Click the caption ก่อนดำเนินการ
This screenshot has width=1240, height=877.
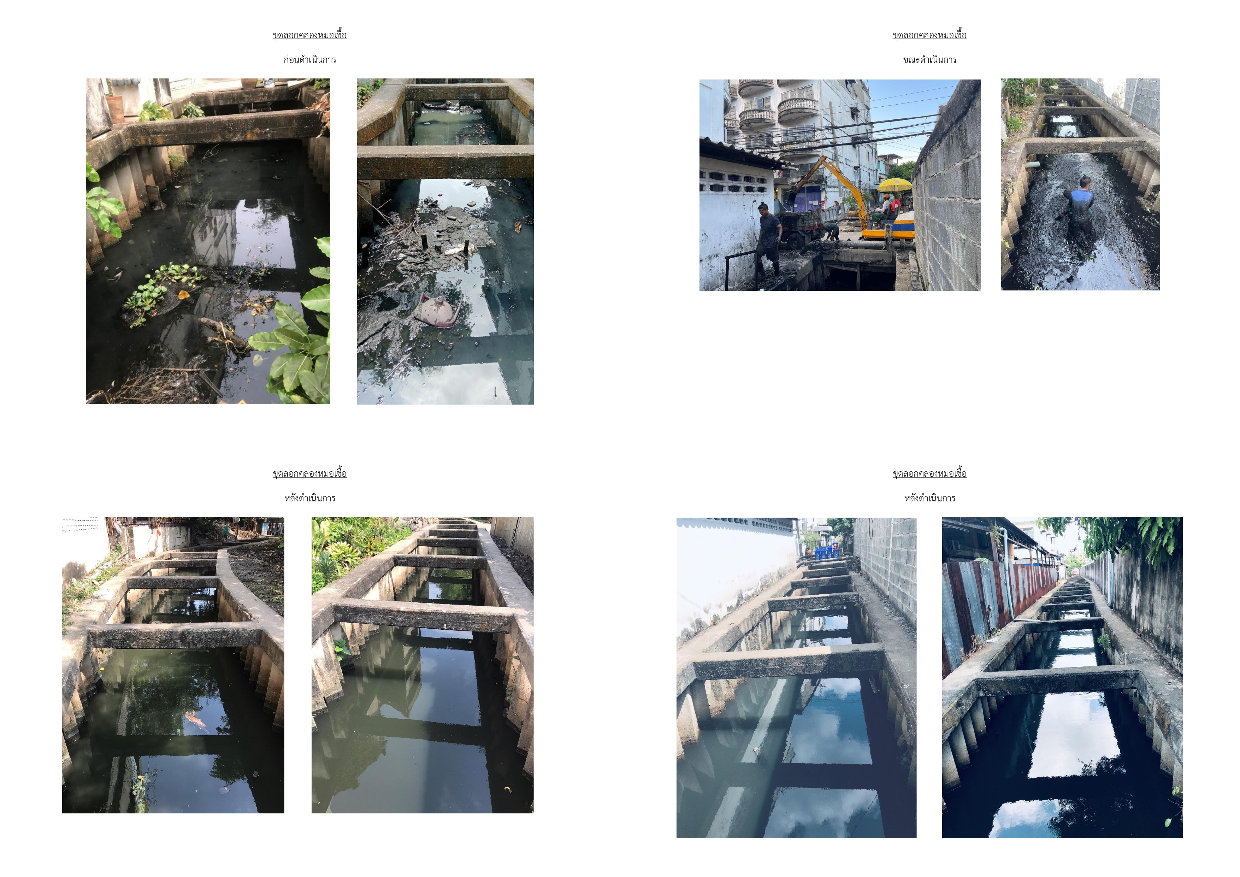309,59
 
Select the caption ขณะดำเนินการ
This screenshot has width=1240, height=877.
929,59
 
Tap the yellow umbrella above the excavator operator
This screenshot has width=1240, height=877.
895,185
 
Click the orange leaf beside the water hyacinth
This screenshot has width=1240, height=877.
184,295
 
